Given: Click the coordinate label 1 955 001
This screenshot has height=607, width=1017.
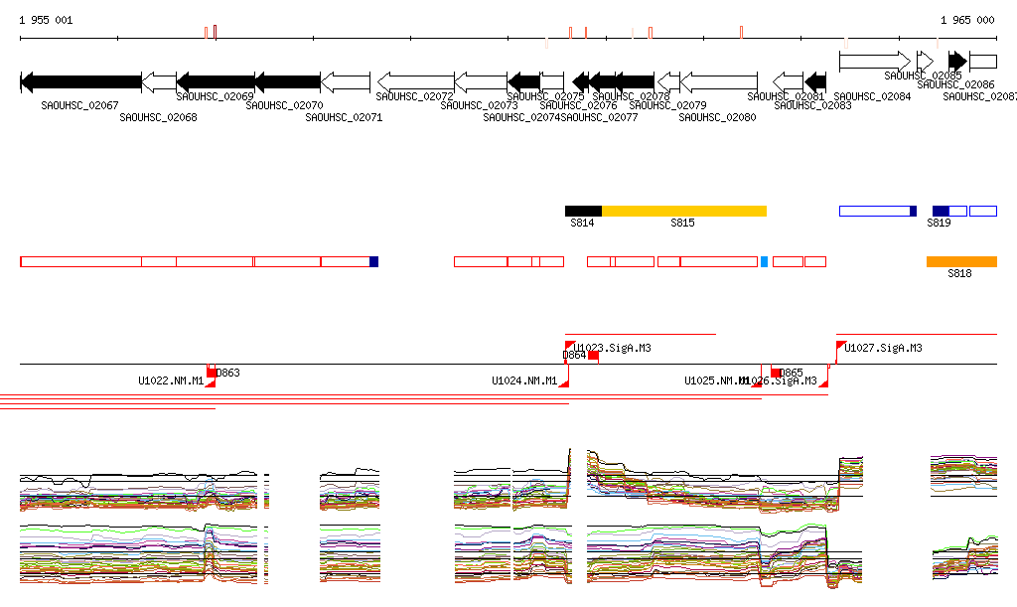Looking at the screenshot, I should coord(46,20).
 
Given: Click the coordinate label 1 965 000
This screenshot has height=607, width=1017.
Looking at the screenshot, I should coord(967,20).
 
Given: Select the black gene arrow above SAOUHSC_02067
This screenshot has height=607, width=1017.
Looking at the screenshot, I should coord(80,81).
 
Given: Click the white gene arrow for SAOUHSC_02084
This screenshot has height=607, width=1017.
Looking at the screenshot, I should coord(874,61).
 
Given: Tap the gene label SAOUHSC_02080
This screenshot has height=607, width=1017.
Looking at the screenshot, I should coord(717,117).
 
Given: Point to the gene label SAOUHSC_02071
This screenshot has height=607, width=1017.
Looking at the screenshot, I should coord(344,117).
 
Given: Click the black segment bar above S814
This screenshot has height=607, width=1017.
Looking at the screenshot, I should coord(583,211).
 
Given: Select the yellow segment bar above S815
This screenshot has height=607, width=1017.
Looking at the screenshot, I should coord(684,211).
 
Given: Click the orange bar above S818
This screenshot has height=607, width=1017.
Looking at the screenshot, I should coord(961,261).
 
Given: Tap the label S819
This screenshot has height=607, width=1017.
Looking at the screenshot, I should coord(939,224).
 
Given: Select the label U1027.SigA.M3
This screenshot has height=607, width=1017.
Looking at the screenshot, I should coord(883,348).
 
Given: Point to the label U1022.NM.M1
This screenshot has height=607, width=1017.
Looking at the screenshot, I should coord(171,380).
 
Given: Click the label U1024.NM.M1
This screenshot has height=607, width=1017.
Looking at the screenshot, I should coord(524,380).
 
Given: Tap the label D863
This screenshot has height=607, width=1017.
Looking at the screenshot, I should coord(228,373).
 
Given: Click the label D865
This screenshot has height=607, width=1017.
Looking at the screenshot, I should coord(792,373).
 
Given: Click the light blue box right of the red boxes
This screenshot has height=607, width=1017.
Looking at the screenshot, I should coord(764,261).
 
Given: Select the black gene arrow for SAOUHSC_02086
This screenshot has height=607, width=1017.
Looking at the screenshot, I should coord(957,61).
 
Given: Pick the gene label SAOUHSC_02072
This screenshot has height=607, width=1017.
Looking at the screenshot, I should coord(414,96).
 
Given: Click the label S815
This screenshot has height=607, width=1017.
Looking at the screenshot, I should coord(682,224).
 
